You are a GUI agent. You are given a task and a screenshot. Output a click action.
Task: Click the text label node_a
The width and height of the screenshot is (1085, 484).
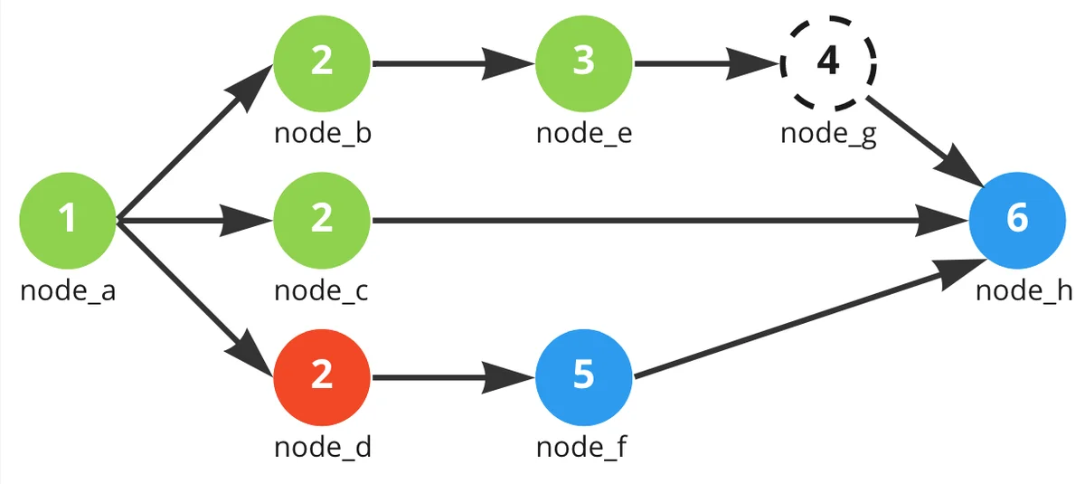coord(68,291)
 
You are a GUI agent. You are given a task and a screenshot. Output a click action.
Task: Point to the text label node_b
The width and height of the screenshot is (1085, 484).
coord(322,135)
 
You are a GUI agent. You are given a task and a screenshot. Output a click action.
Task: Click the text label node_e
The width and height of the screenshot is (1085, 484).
coord(584,135)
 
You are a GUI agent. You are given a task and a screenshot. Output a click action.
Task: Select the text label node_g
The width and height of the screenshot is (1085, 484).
coord(828,135)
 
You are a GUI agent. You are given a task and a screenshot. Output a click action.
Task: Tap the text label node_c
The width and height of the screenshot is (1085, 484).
coord(322,291)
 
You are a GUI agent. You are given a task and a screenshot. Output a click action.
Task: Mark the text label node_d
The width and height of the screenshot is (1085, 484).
coord(322,447)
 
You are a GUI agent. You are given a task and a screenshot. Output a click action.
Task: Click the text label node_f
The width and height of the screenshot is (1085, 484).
coord(584,447)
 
